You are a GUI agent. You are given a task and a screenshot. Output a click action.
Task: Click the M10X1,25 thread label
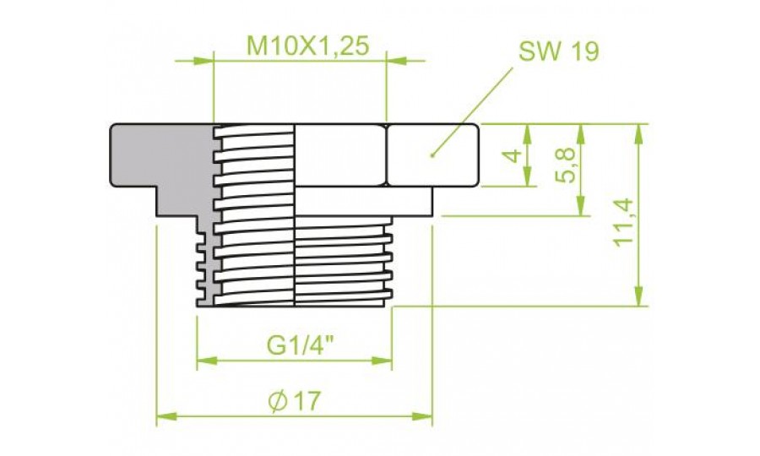[308, 46]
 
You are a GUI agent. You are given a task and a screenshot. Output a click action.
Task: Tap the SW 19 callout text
[558, 51]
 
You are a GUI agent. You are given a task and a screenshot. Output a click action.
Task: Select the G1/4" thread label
[301, 345]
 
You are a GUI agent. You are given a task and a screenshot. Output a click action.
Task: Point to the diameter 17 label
[294, 401]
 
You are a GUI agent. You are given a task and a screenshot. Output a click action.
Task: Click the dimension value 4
[512, 156]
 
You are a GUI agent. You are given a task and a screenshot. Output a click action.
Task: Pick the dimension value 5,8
[565, 166]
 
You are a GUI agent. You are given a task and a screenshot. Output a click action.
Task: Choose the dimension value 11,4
[623, 222]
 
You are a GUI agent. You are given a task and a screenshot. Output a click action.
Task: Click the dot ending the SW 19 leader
[432, 155]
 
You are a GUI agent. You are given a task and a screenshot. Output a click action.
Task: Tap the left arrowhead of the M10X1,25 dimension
[203, 61]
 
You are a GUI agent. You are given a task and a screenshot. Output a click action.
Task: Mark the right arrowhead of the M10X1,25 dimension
[397, 61]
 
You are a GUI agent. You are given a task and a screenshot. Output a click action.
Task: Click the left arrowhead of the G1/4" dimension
[207, 361]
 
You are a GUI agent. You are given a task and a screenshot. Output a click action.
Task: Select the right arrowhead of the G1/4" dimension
[382, 361]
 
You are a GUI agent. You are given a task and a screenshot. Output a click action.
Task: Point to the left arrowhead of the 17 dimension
[166, 416]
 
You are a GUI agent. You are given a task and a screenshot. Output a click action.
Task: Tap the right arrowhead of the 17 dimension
[421, 416]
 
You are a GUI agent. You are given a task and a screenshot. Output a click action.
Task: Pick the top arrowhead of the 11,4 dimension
[639, 134]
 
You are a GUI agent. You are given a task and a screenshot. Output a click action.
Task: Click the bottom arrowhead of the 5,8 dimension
[582, 205]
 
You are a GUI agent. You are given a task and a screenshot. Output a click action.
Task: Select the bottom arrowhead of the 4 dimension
[528, 176]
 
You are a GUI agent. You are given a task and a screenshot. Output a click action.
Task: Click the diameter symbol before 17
[278, 401]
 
